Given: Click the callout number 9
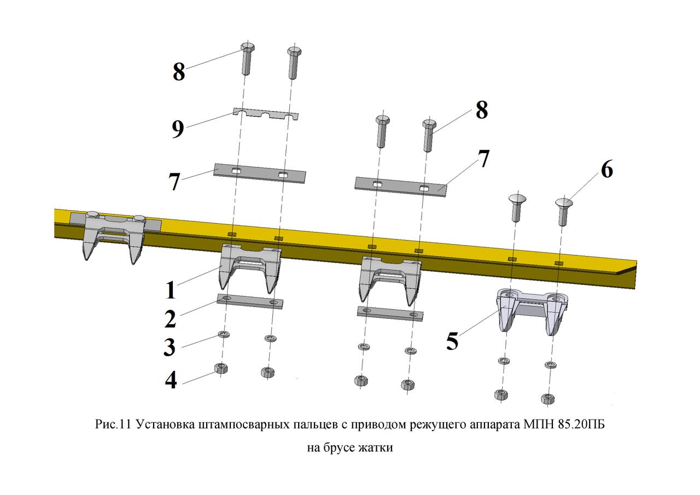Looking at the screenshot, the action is [x=178, y=129].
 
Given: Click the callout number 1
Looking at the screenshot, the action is [x=171, y=290].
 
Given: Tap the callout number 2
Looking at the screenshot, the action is [x=170, y=319].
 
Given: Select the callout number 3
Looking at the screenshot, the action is [x=170, y=347].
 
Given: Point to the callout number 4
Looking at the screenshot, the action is [x=171, y=380].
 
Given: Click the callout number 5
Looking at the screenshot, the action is [x=452, y=341].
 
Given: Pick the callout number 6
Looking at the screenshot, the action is [x=607, y=170].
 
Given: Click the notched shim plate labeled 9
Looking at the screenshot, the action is [x=266, y=115].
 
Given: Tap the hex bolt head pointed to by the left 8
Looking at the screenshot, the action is [x=248, y=48].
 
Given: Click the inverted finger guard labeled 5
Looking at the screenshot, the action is [x=532, y=311].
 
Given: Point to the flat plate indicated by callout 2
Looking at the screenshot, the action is [x=250, y=301].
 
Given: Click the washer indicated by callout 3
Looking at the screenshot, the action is [x=224, y=335].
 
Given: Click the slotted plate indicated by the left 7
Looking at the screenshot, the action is [x=260, y=173].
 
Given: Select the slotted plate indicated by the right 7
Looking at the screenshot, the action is [x=401, y=187].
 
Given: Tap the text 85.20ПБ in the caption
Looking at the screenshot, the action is [x=580, y=425].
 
